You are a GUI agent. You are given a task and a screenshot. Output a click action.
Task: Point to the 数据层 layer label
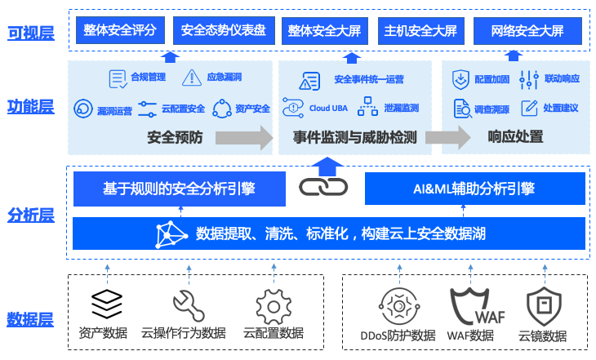(x=30, y=318)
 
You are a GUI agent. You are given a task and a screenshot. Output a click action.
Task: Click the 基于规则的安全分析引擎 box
(x=179, y=189)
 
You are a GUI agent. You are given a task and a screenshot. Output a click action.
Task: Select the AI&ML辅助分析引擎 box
(x=474, y=189)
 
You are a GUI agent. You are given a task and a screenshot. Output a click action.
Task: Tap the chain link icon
(x=323, y=187)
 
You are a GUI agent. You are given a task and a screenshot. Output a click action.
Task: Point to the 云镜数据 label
(x=542, y=335)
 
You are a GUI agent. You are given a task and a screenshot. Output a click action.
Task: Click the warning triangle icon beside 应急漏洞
(x=192, y=78)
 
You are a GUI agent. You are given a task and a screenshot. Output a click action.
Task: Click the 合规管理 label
(x=148, y=78)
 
